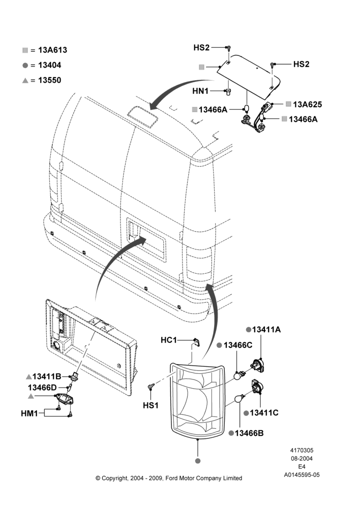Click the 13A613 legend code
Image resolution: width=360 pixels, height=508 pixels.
point(52,50)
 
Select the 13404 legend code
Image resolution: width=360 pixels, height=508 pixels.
point(50,65)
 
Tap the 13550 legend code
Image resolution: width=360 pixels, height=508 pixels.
point(50,80)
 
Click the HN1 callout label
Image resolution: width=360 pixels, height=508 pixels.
point(200,91)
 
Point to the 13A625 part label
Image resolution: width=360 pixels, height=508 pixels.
point(308,104)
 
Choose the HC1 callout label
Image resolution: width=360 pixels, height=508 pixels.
point(169,340)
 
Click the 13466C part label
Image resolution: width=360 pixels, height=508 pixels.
point(238,345)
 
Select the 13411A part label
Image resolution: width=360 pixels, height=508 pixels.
point(266,330)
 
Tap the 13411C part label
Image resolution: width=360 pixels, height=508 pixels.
point(264,412)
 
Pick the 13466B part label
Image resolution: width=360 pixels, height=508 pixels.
point(249,433)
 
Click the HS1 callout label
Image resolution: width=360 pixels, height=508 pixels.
point(151,405)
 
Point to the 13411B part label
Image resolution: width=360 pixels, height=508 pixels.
point(47,376)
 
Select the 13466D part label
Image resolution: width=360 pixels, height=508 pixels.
point(42,388)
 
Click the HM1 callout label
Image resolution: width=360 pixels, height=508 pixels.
point(29,414)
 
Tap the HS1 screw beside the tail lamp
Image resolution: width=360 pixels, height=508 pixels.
point(151,386)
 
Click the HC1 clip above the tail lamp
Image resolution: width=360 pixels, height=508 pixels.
point(197,342)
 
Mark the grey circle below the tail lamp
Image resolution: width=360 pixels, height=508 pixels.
point(198,461)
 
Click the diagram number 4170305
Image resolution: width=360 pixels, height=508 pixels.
point(302,450)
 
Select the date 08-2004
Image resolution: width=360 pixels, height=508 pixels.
point(302,458)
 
